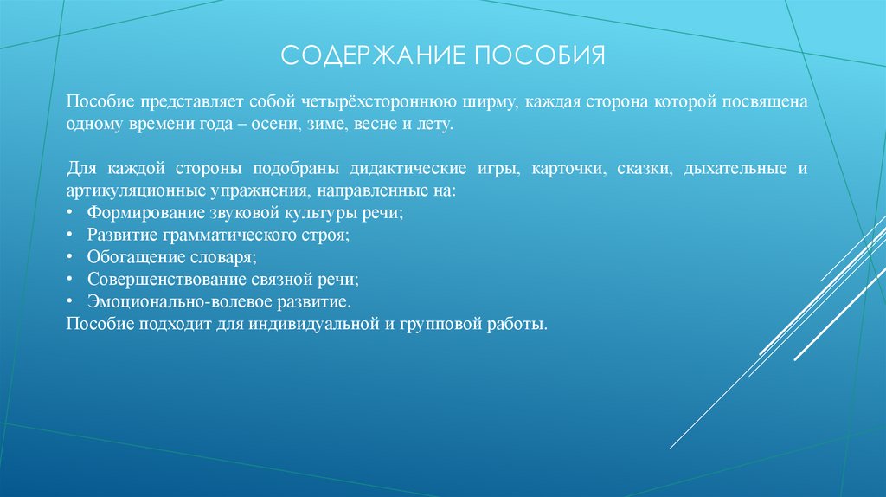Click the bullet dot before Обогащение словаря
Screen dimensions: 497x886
69,257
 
